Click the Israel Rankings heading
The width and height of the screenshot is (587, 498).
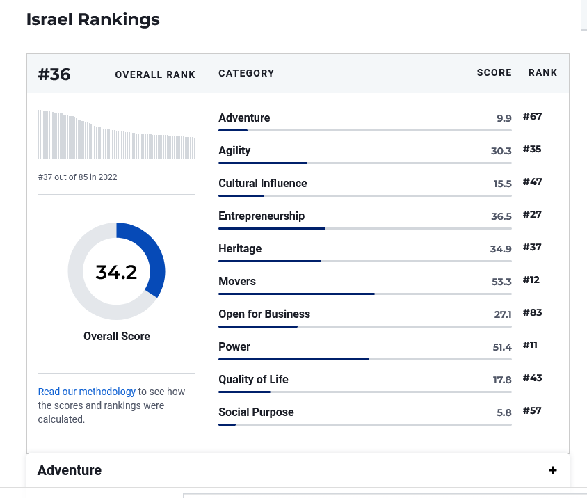[93, 19]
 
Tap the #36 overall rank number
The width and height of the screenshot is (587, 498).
[54, 74]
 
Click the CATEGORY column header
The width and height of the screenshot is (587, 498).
[246, 73]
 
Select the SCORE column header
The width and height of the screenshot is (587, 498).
[494, 72]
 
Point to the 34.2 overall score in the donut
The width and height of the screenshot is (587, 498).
[116, 272]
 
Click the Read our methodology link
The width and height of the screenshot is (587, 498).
[86, 392]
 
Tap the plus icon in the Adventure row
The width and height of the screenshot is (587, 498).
[552, 470]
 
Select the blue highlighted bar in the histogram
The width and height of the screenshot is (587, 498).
[102, 143]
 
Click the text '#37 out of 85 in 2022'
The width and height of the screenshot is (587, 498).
[77, 177]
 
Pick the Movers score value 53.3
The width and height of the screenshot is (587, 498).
[501, 282]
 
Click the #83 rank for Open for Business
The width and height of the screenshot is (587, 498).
[532, 312]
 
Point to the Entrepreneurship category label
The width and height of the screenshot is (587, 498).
[262, 216]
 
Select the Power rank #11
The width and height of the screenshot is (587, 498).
[530, 345]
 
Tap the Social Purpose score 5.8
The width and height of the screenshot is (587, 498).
[504, 412]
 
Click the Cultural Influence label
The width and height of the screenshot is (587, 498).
[263, 183]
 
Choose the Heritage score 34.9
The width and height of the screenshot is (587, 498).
[501, 249]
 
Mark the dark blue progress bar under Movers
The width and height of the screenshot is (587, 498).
[296, 294]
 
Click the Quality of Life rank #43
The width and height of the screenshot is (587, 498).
[532, 378]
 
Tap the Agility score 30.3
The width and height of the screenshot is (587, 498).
[501, 151]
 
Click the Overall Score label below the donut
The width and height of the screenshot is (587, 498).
[117, 336]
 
